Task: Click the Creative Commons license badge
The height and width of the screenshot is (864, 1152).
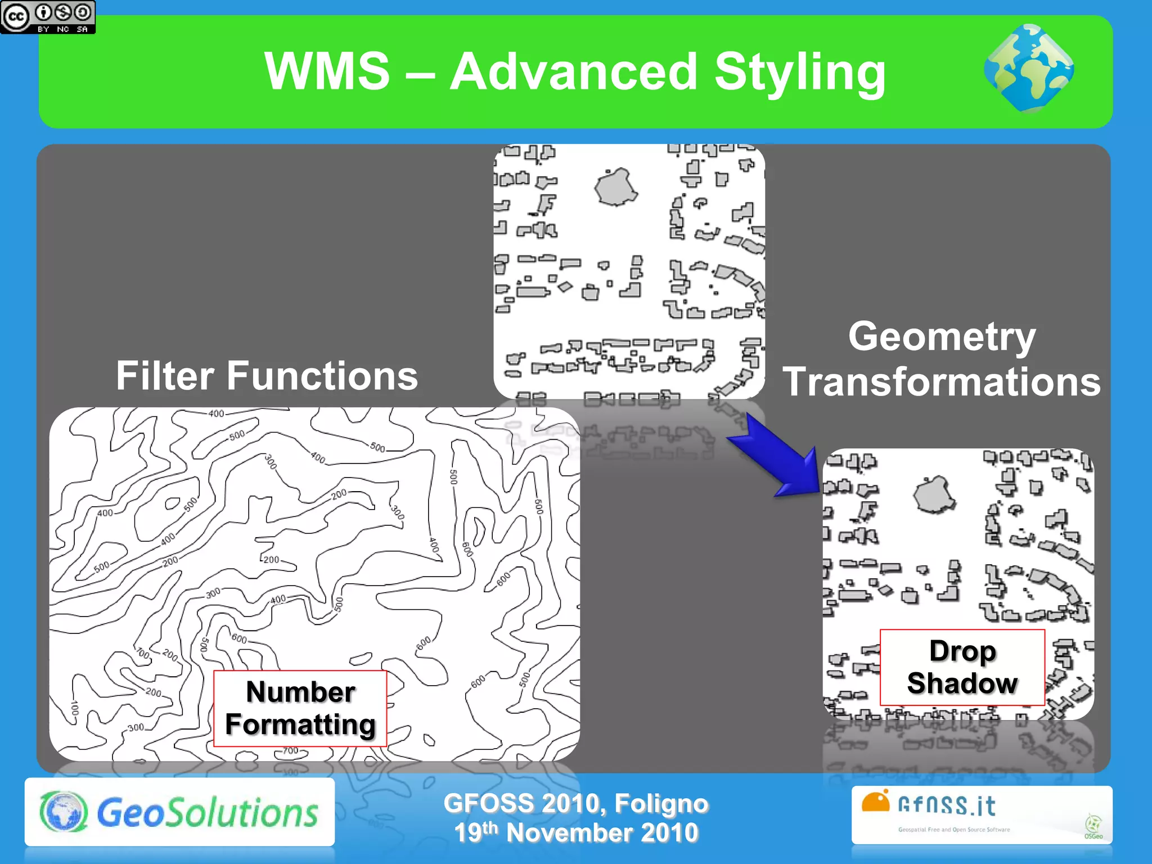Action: tap(48, 17)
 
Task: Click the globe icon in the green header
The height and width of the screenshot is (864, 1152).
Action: tap(1029, 68)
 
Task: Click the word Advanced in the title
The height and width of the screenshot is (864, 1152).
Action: tap(573, 71)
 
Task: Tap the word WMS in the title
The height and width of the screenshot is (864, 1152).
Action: tap(327, 71)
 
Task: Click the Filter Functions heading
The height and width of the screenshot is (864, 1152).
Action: tap(267, 376)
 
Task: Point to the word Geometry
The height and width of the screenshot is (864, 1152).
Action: tap(942, 337)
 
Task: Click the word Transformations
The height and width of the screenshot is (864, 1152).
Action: tap(942, 382)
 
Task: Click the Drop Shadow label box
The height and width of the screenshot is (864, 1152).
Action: tap(962, 667)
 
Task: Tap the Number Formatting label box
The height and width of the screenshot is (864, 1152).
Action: tap(300, 708)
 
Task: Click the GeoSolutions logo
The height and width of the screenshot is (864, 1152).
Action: tap(179, 812)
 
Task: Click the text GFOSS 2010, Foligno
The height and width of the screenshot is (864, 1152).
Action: tap(575, 803)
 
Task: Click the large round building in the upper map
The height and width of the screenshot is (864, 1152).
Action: tap(616, 187)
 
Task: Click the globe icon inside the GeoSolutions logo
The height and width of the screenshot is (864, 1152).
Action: tap(64, 812)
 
